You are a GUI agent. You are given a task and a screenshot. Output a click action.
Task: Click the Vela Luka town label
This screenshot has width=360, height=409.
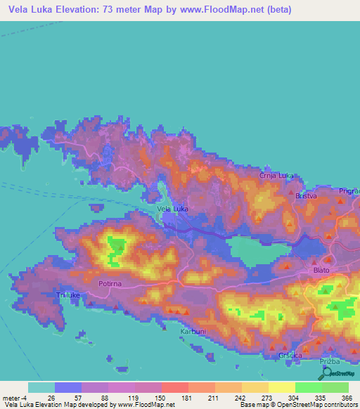tap(172, 209)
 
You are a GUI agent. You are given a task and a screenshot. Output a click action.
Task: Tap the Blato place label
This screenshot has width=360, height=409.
tap(322, 270)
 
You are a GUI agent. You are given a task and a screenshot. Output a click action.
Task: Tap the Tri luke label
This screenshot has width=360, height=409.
tap(70, 296)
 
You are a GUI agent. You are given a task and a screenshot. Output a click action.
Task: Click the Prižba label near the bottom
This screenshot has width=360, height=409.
tap(330, 361)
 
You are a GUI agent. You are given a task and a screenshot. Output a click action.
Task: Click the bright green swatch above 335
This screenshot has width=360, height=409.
tap(308, 387)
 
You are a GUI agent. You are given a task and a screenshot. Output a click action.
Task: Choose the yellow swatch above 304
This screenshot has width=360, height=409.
tap(281, 387)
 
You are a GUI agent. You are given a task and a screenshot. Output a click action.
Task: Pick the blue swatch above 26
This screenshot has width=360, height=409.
tap(68, 387)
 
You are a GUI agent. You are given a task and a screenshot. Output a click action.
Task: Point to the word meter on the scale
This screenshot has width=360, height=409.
tap(13, 397)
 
